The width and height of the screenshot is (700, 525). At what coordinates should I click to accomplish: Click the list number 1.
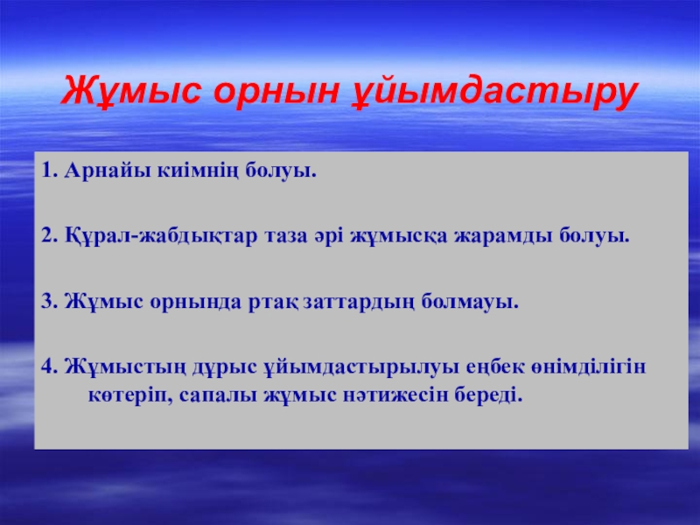click(50, 170)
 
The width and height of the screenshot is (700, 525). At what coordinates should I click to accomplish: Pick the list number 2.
click(50, 235)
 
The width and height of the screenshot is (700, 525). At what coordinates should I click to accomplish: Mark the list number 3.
click(50, 301)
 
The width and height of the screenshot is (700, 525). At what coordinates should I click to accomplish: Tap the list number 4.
click(50, 367)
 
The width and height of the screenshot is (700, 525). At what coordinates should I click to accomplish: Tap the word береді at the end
click(488, 395)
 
